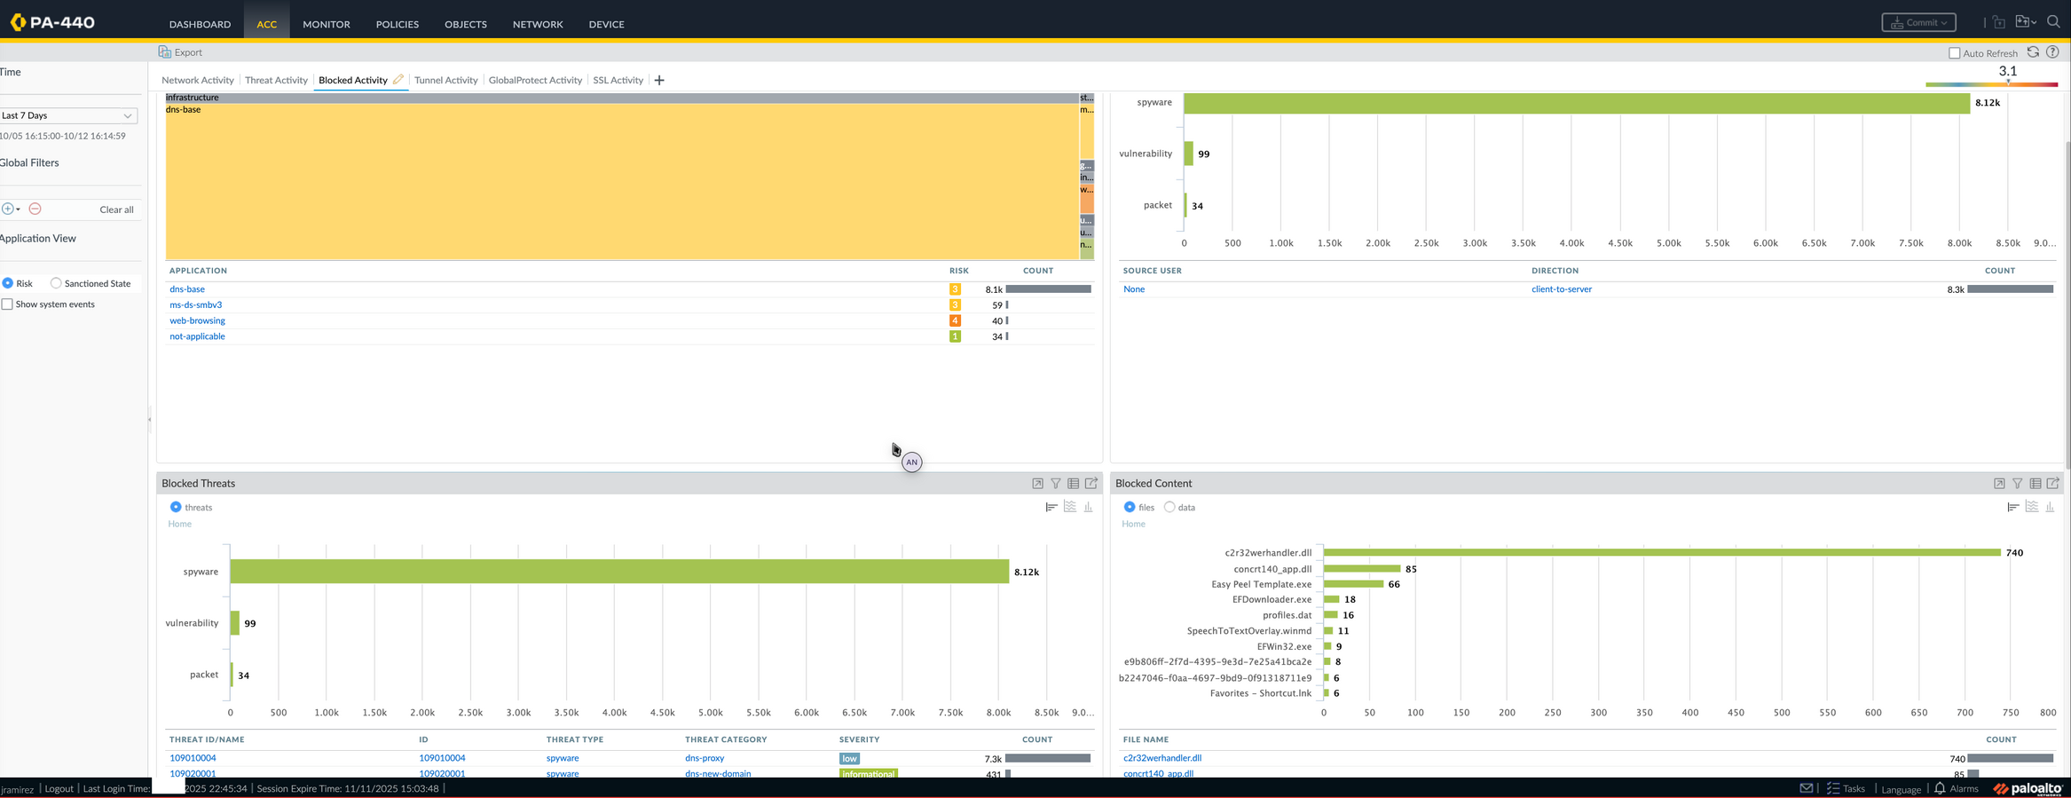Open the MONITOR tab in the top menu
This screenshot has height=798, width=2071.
(326, 24)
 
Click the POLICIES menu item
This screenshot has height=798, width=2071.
(397, 24)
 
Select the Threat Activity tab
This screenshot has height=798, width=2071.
(276, 80)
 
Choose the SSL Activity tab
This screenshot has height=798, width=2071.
(618, 80)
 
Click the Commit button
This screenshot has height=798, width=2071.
(1918, 22)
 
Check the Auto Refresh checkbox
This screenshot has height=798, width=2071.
(1954, 53)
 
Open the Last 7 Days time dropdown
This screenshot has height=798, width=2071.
(68, 115)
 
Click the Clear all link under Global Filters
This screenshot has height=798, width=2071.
(116, 209)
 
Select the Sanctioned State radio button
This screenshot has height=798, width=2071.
(56, 283)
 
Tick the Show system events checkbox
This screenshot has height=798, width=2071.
(8, 304)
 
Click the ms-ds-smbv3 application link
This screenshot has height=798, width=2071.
(196, 304)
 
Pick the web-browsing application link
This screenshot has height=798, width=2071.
(197, 320)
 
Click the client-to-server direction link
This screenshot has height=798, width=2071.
(1561, 289)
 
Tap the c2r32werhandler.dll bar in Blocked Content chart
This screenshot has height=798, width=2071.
(1661, 552)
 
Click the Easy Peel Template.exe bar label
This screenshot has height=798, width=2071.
(1261, 584)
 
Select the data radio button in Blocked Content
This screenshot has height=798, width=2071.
(1169, 507)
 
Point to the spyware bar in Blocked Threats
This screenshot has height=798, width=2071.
(618, 571)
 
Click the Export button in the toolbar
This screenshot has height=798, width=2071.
(180, 52)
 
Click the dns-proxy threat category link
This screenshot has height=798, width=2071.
(705, 758)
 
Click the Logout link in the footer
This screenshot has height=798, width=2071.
(59, 788)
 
